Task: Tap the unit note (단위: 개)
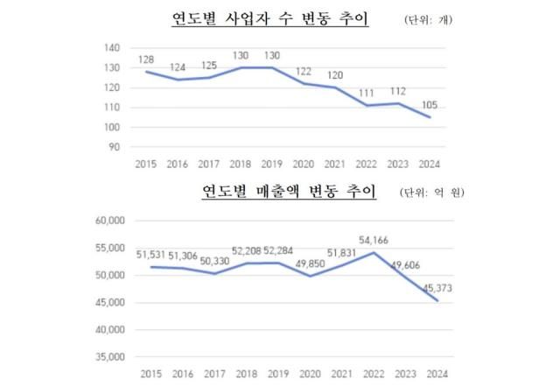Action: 430,19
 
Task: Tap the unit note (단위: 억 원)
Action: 432,193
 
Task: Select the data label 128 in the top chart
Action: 146,60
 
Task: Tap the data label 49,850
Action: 303,263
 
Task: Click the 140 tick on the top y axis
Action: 112,47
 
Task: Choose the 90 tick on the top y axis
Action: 115,147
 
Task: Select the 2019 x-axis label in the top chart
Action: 271,164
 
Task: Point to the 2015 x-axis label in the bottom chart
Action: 146,374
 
